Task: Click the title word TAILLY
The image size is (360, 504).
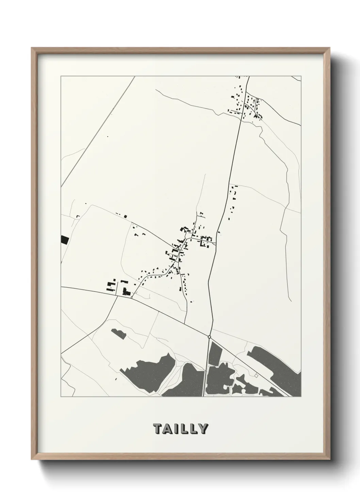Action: [180, 429]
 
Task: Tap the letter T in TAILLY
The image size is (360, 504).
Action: [158, 429]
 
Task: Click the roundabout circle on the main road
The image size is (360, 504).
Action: [210, 337]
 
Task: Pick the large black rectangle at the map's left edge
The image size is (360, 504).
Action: [64, 240]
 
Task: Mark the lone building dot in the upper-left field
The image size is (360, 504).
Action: [108, 137]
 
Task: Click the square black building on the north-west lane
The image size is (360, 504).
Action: [125, 216]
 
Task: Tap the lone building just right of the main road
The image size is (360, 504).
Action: [219, 233]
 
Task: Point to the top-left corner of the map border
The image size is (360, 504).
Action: [61, 76]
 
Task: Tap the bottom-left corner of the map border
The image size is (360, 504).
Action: [61, 397]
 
